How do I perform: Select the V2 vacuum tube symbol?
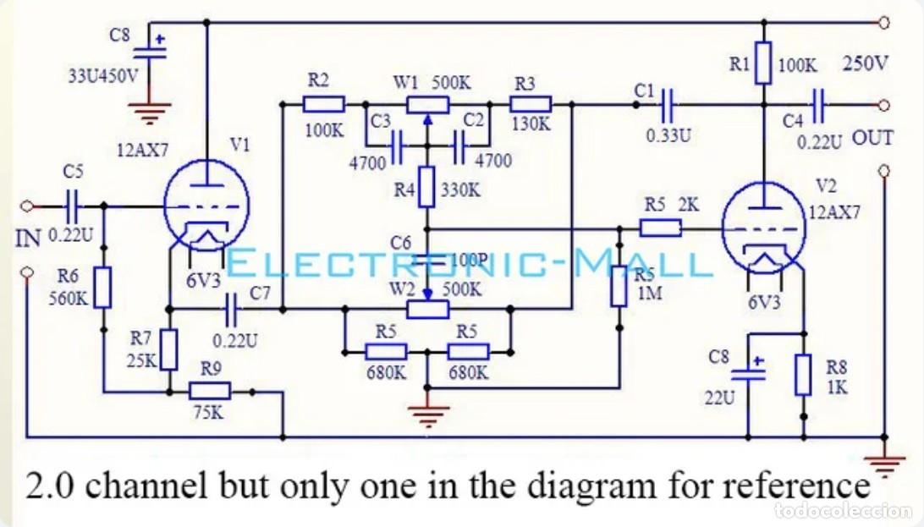click(x=763, y=228)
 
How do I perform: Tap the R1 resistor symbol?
click(x=764, y=63)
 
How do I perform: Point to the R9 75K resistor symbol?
click(x=209, y=391)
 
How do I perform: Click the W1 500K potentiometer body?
click(x=428, y=106)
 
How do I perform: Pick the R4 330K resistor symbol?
click(x=427, y=187)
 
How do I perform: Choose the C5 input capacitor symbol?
click(x=72, y=206)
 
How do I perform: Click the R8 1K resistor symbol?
click(x=803, y=375)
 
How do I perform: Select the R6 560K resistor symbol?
click(x=103, y=288)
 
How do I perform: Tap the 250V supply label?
click(x=865, y=63)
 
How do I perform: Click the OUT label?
click(x=872, y=139)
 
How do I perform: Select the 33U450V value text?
click(x=103, y=76)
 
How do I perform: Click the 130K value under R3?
click(x=531, y=124)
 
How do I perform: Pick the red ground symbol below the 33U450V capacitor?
click(x=151, y=112)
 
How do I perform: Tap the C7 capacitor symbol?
click(x=232, y=309)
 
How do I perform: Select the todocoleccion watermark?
click(x=844, y=511)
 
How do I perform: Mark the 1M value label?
click(x=649, y=293)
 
